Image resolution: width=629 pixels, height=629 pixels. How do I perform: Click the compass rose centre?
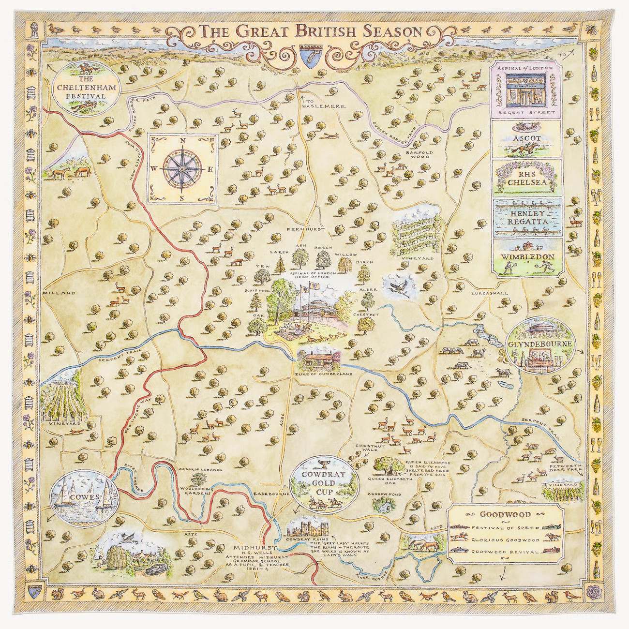(182, 169)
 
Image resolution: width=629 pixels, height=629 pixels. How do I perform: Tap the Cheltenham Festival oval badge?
(86, 88)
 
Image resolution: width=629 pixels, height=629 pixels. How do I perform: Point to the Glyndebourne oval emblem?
(540, 344)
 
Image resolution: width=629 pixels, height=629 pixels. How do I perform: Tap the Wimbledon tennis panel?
(526, 258)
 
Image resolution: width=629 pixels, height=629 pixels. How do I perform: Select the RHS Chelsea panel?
(526, 178)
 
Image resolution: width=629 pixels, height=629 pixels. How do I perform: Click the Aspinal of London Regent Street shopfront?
(526, 91)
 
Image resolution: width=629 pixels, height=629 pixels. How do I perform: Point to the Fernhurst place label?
(305, 229)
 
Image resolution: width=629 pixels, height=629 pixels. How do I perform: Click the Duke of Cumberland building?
(318, 361)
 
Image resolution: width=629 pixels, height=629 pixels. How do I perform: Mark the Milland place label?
(59, 293)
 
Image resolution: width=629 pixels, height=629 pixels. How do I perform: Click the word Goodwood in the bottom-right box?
(505, 515)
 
